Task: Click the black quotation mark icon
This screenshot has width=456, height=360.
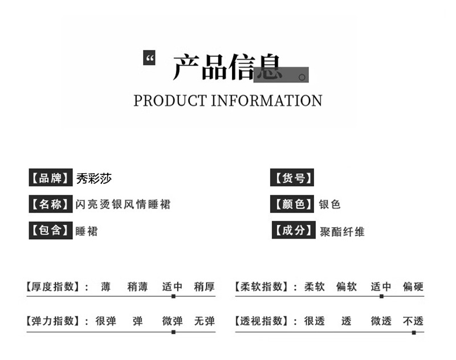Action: (149, 58)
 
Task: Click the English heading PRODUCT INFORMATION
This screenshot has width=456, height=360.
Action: (228, 101)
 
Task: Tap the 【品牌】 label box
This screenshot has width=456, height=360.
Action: (51, 178)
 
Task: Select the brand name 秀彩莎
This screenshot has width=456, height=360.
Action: (94, 178)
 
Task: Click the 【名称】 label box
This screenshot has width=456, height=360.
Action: (51, 204)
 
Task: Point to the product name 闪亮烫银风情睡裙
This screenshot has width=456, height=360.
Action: (123, 204)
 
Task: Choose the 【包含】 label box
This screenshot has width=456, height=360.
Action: (51, 231)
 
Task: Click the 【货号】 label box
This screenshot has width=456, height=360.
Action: (292, 178)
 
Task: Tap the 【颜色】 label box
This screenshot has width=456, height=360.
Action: (293, 204)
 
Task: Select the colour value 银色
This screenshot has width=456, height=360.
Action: (330, 204)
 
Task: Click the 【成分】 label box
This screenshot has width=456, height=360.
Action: (294, 231)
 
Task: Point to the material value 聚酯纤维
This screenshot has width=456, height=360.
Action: (343, 231)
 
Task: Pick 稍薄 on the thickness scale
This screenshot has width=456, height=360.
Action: (137, 287)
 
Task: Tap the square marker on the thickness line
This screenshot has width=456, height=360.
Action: (173, 296)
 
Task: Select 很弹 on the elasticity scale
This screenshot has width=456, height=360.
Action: (105, 321)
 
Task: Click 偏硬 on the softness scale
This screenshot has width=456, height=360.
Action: (413, 287)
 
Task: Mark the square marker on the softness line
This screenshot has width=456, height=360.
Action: (381, 296)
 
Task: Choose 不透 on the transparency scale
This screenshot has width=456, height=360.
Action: (413, 321)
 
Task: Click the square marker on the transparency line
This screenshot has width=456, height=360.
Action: (414, 332)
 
